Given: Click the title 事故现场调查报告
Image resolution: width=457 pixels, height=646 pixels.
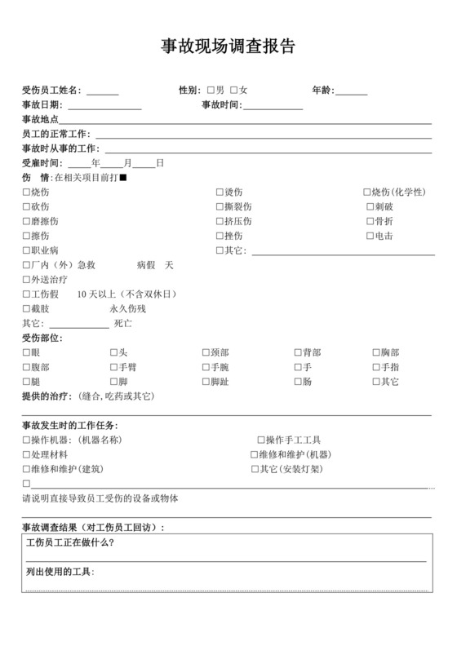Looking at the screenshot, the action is coord(228,47).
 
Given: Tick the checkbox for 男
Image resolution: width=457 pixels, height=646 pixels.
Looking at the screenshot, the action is coord(211,90).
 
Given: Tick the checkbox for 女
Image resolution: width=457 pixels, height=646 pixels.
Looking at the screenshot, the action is coord(234,90).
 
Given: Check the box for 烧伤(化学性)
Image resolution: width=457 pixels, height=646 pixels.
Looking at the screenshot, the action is coord(367,192).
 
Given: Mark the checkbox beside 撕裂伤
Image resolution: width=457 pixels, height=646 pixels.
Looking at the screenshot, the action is coord(220,207).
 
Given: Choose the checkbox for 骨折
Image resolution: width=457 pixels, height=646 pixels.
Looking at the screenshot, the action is coord(370,222).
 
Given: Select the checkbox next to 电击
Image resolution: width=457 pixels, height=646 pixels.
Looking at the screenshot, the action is coord(370,237).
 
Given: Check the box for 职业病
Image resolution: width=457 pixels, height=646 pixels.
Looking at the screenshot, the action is coord(26,250).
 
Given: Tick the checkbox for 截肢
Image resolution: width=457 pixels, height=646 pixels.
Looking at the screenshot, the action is coord(26,309).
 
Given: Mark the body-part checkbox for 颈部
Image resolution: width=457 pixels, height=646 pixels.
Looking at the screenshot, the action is coord(206,352).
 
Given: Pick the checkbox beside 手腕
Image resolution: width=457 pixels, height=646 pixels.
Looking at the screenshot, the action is coord(206,367).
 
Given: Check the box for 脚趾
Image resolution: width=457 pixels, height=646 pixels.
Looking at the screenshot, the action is coord(206,382).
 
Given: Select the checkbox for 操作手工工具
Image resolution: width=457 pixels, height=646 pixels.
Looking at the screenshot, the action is coord(261,440).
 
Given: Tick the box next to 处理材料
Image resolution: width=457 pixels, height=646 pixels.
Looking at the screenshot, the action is coord(26,454).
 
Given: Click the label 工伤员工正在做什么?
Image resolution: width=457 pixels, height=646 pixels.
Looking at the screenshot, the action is coord(70,542).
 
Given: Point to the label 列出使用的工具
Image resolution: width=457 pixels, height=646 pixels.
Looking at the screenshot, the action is coord(60,572).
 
